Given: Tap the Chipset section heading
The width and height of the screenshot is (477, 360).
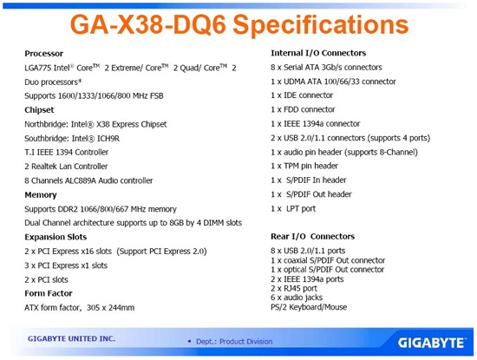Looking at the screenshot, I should [41, 110].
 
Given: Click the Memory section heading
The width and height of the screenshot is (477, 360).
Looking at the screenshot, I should [41, 195].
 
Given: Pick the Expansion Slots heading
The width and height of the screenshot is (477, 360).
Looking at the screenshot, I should [57, 237].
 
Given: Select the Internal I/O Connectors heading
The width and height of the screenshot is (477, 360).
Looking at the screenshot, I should [318, 53].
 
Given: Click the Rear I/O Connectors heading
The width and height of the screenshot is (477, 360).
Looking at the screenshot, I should [312, 236].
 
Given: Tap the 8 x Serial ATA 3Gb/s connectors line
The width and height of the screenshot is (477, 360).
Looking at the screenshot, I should [327, 67].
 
